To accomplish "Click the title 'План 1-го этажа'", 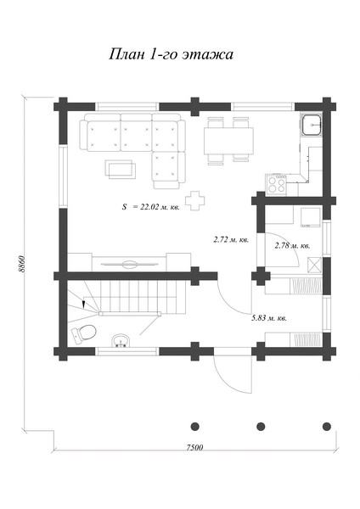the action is (x=171, y=54).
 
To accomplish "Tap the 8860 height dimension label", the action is (x=21, y=265).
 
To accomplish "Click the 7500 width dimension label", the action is (x=194, y=447).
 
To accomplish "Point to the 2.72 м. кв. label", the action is (x=231, y=240).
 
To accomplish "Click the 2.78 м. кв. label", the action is (x=292, y=246).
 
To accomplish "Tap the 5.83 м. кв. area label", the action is (x=269, y=318).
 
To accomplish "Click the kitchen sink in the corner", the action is (x=312, y=125).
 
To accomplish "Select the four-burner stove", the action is (x=277, y=185).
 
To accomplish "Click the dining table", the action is (x=228, y=141).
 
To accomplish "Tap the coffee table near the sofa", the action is (x=121, y=169).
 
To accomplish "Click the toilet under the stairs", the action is (x=83, y=333).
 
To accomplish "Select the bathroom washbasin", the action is (x=121, y=341).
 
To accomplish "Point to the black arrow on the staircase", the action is (x=83, y=304).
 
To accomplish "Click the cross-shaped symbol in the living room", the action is (x=195, y=201).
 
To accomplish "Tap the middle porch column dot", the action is (x=261, y=426).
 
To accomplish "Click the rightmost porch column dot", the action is (x=327, y=426).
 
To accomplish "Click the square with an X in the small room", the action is (x=314, y=265).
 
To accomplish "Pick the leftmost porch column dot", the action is (x=194, y=426).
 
